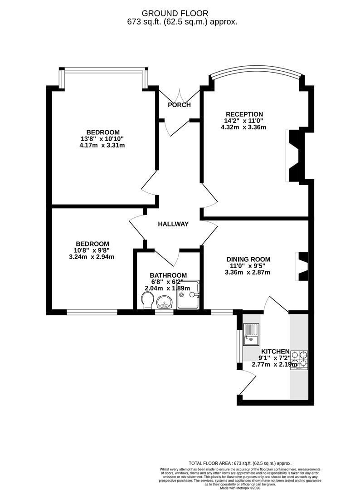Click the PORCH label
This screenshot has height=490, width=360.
(179, 105)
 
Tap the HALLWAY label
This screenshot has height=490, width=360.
(173, 224)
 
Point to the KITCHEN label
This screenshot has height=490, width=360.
(275, 351)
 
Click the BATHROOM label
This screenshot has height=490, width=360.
(168, 275)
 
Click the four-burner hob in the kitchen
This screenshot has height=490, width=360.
(299, 359)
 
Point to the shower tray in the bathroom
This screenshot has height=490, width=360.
(188, 294)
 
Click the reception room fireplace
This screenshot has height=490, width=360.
(293, 155)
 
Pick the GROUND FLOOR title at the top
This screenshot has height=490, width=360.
(180, 13)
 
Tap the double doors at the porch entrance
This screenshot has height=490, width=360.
(179, 96)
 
